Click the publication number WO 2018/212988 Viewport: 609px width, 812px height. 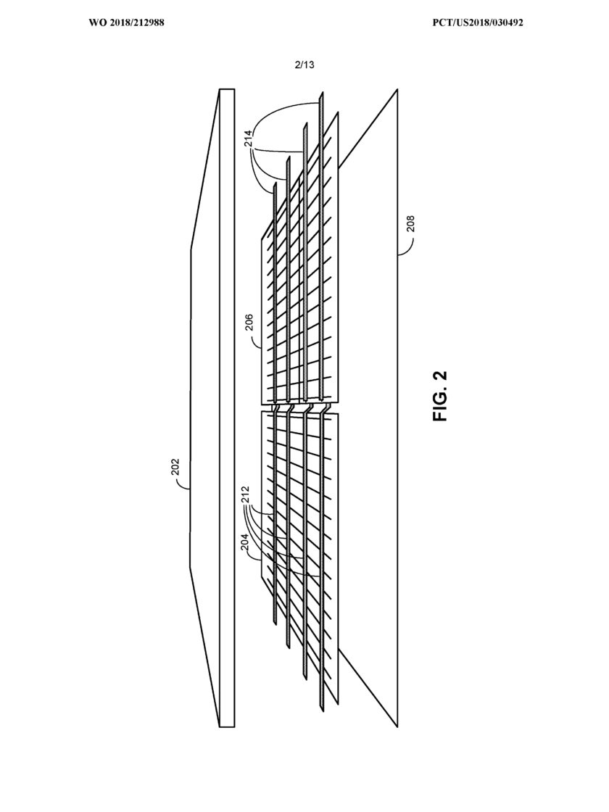[x=126, y=22]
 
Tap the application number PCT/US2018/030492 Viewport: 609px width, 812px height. [x=478, y=22]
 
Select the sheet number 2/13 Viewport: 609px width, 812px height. [x=304, y=65]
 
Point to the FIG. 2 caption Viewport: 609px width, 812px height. [x=439, y=396]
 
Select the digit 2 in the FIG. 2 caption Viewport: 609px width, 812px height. [x=439, y=376]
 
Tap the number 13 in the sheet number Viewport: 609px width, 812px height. [x=309, y=65]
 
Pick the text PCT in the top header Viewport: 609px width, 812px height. [x=441, y=22]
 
